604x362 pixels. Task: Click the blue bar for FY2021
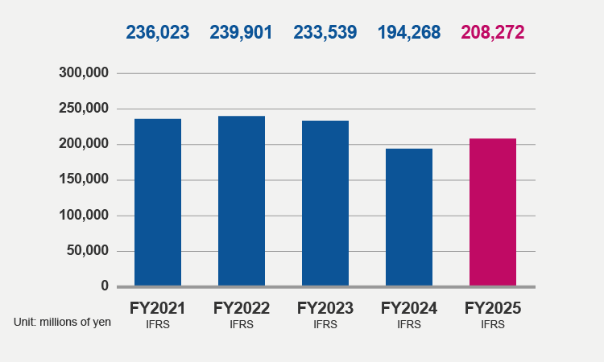click(158, 203)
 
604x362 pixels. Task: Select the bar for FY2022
click(242, 201)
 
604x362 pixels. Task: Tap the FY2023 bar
click(325, 204)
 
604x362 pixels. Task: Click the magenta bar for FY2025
click(493, 212)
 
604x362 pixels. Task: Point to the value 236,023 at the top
click(158, 32)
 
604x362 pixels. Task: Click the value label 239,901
click(242, 32)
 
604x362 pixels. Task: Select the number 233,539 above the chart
click(325, 32)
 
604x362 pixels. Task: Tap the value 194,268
click(409, 32)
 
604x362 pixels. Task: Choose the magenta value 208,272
click(493, 32)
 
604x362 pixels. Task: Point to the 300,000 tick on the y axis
click(84, 73)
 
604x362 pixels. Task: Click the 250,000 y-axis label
click(84, 109)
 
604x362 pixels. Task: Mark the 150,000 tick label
click(84, 179)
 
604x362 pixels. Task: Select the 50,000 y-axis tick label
click(88, 250)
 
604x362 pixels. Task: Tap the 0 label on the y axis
click(105, 286)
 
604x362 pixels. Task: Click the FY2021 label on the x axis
click(158, 308)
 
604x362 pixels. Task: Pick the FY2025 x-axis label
click(493, 308)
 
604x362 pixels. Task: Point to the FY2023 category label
click(325, 308)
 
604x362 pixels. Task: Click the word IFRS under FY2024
click(409, 324)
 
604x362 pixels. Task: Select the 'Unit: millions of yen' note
click(62, 322)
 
